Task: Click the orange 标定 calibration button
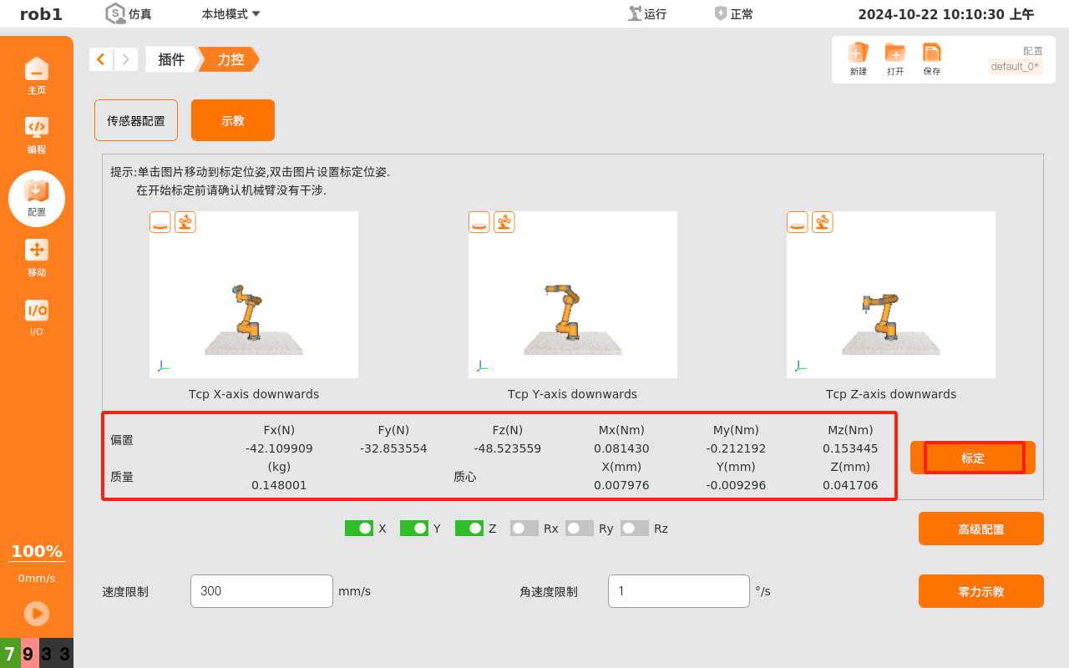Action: (973, 458)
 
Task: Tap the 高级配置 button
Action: (980, 529)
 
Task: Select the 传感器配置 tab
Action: (136, 120)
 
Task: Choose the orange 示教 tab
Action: (233, 120)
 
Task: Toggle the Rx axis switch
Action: (524, 529)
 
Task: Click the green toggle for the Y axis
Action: (414, 529)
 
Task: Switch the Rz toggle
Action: (634, 529)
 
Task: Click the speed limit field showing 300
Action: (261, 590)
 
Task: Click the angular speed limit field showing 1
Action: (679, 590)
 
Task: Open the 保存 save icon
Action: (931, 53)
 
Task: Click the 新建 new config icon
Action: (858, 53)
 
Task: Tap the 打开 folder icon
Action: (894, 53)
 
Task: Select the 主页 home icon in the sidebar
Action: (37, 68)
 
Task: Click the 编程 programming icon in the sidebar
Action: (37, 127)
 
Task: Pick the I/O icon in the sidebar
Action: (37, 311)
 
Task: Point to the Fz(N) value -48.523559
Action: (507, 448)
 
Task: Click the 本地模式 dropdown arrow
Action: (256, 14)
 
